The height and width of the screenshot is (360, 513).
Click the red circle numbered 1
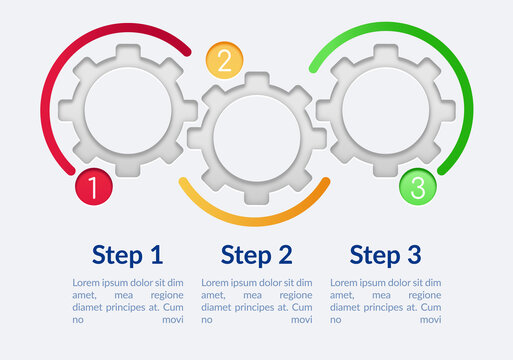coord(93,186)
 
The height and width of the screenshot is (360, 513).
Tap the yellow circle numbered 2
coord(224,61)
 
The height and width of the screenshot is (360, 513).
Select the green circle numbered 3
coord(418,186)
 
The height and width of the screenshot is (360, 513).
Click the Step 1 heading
coord(127,255)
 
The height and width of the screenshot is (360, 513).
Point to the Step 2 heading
coord(257,255)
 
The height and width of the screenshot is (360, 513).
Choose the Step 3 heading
coord(386,255)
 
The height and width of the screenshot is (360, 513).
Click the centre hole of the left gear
coord(127,110)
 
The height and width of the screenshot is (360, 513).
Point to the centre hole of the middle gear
coord(257,138)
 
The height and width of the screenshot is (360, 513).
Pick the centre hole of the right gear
coord(385,110)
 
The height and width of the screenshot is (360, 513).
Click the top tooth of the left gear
coord(128,52)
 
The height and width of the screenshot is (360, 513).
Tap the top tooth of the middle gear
coord(257,80)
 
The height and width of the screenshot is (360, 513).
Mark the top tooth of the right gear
coord(385,52)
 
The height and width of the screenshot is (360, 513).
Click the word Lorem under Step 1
coord(87,283)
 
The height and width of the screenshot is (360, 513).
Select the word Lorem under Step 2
coord(216,283)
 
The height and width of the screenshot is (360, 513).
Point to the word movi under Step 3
coord(430,320)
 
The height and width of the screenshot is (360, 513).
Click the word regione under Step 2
coord(295,295)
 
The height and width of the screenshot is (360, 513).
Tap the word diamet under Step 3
coord(346,307)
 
